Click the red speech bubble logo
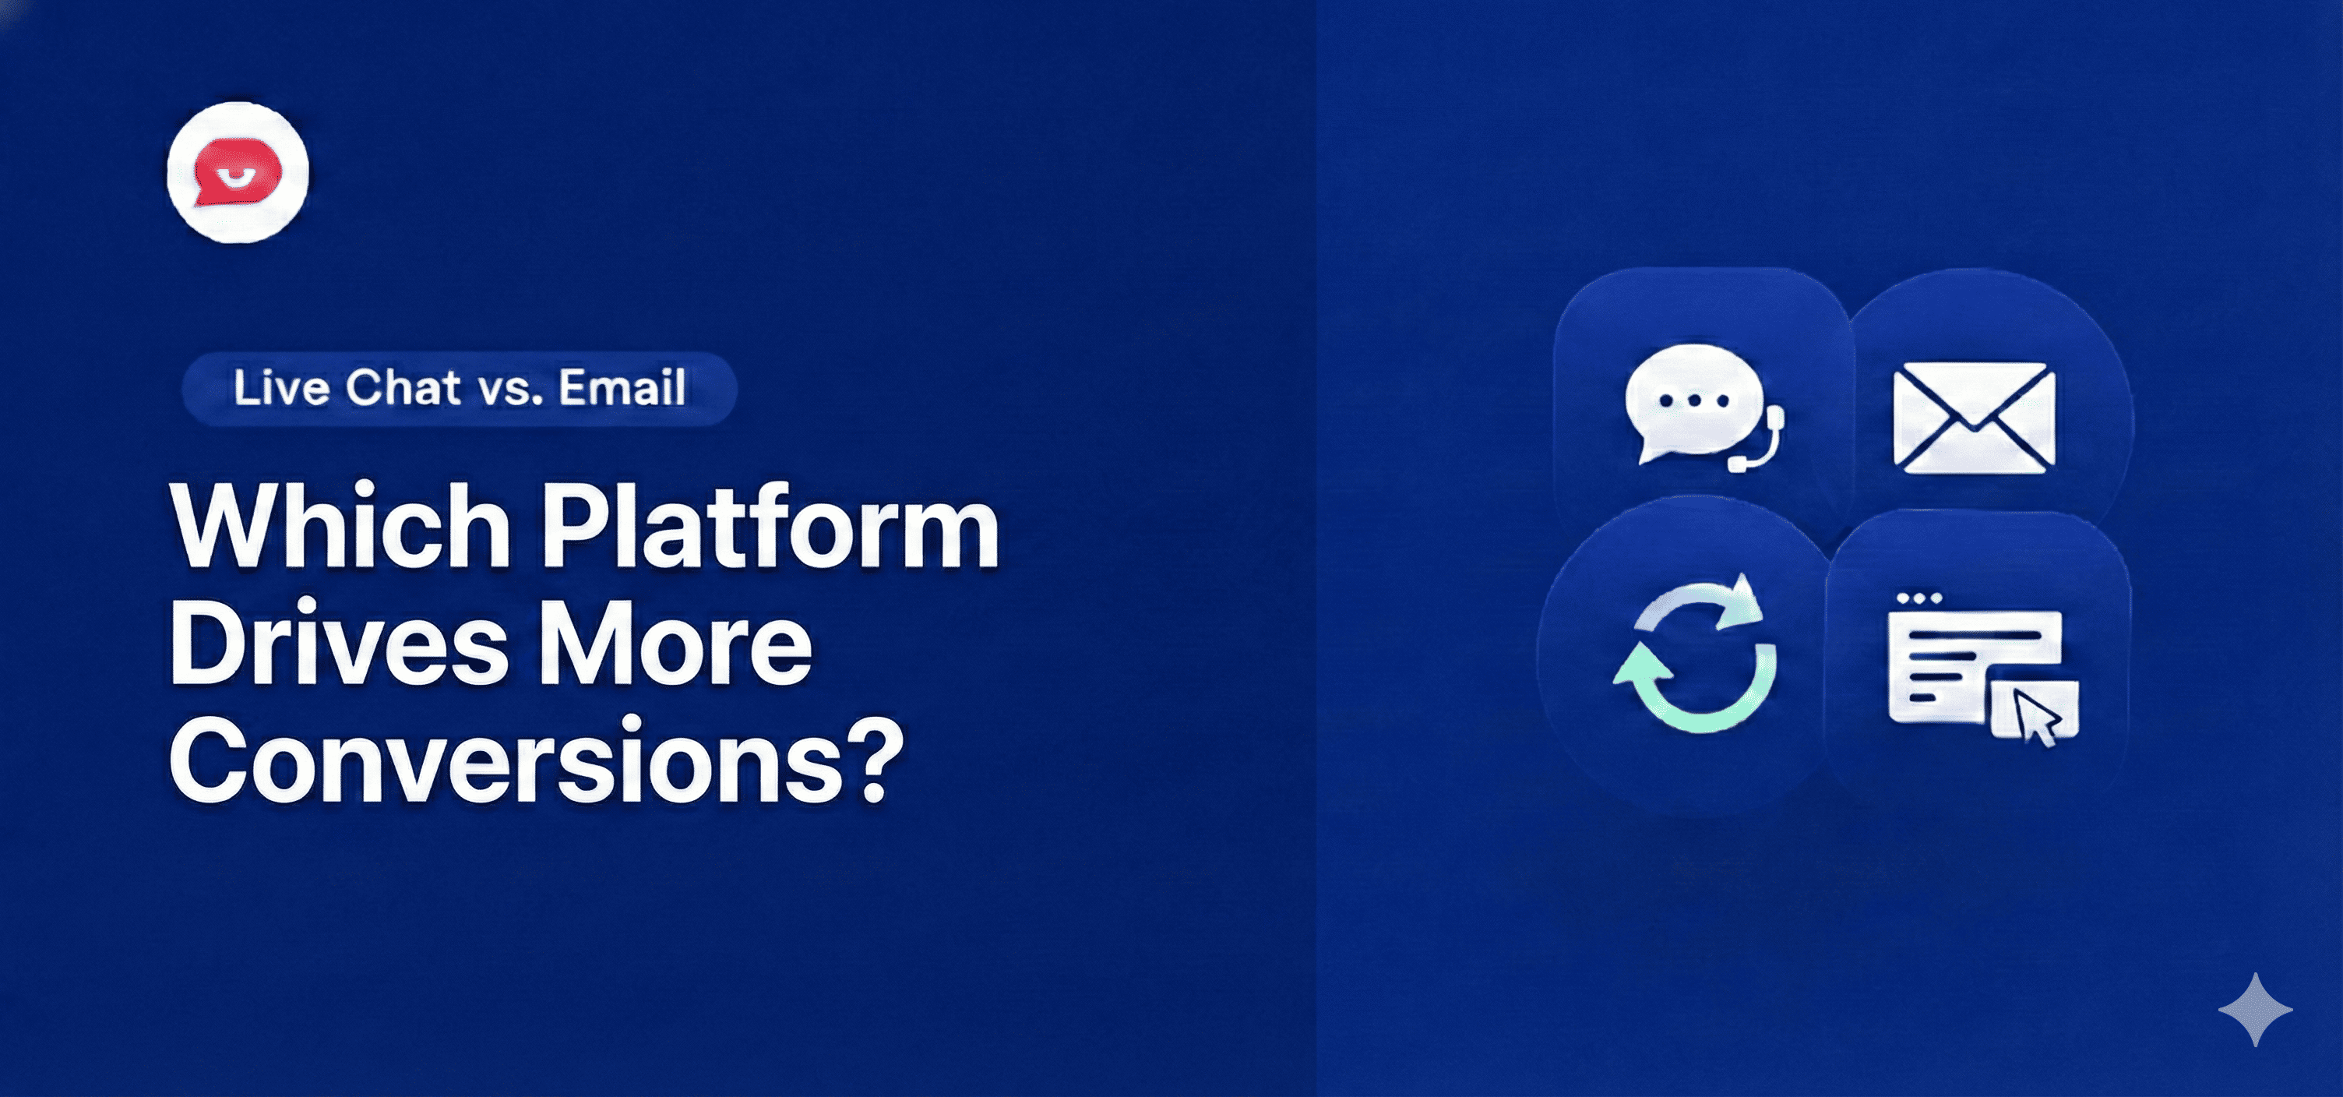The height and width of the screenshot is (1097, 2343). pyautogui.click(x=238, y=172)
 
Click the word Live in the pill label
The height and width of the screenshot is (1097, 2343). pyautogui.click(x=281, y=389)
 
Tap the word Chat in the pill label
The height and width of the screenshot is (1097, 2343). pyautogui.click(x=403, y=389)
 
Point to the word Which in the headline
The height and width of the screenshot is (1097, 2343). pyautogui.click(x=340, y=527)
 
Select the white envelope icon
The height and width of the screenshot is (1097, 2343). pyautogui.click(x=1974, y=418)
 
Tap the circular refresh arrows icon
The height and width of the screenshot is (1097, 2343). pyautogui.click(x=1694, y=652)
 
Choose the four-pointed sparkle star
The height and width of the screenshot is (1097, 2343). pyautogui.click(x=2255, y=1009)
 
